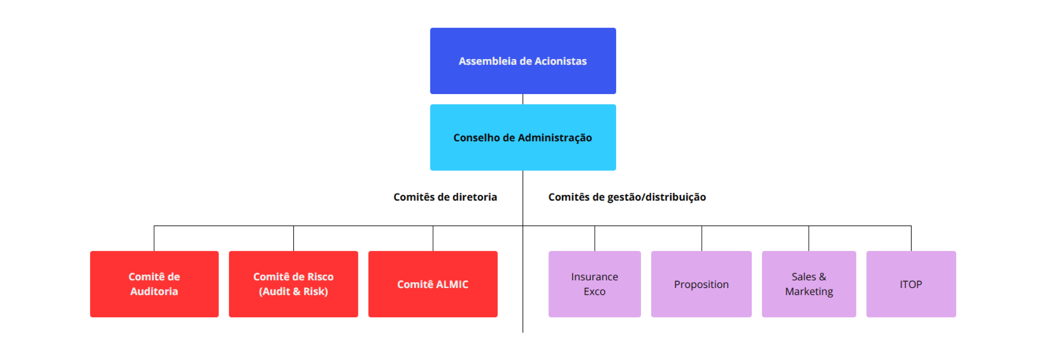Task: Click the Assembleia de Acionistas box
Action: point(523,61)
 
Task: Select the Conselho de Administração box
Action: point(523,137)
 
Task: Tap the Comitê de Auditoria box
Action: point(155,284)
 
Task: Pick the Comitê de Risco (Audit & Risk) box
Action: point(294,284)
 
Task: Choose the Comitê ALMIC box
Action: point(433,284)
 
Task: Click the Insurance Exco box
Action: point(594,284)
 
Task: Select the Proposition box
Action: point(701,284)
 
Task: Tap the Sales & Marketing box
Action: point(809,284)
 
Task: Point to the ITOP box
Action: point(911,284)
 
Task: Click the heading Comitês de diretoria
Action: point(445,197)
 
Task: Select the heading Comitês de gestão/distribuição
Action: point(627,197)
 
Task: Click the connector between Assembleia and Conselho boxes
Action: point(523,99)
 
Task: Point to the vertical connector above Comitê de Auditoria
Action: point(154,239)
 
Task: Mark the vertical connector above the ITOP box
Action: point(911,239)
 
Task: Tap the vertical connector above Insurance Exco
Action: point(594,239)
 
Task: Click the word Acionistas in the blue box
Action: point(560,61)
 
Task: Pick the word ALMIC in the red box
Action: point(452,284)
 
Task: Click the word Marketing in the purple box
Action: point(809,292)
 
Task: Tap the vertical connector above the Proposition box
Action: point(701,239)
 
